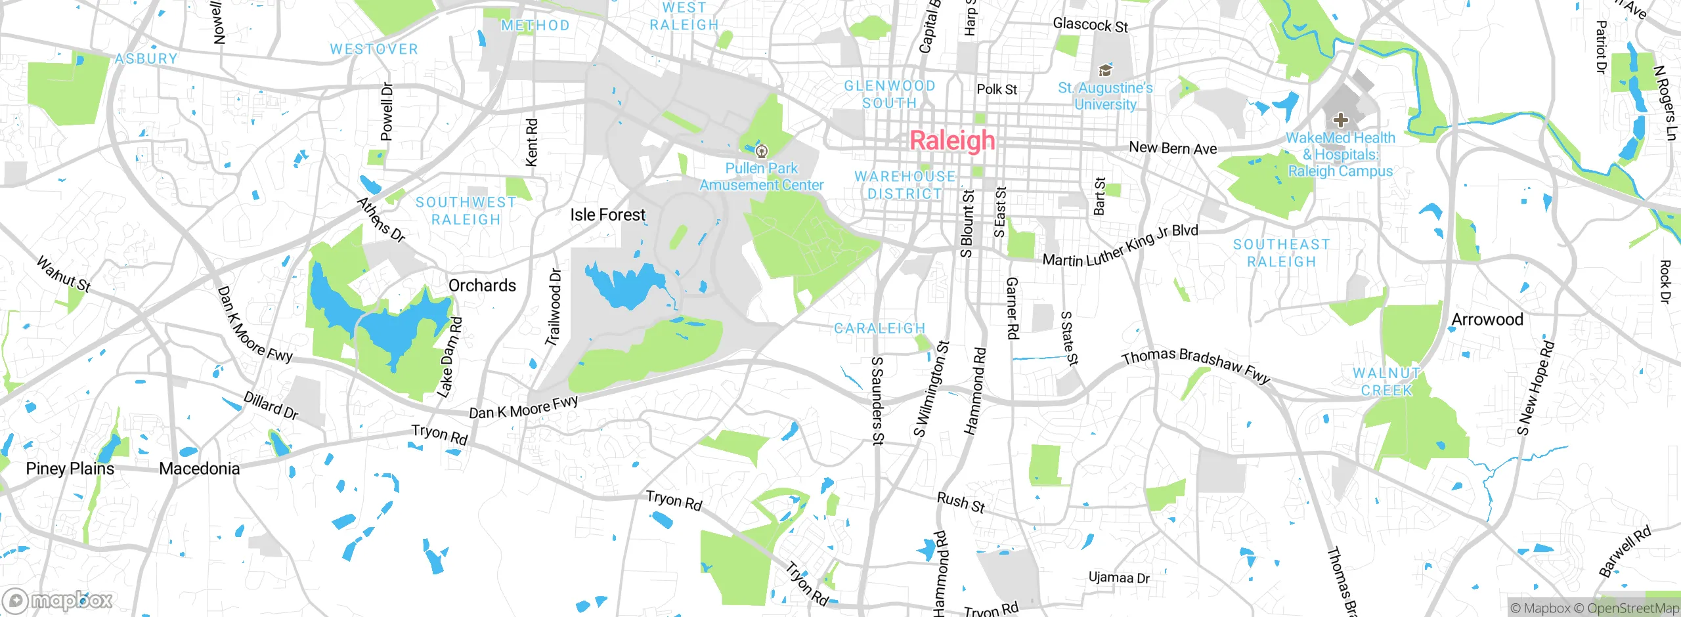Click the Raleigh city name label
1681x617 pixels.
click(x=952, y=140)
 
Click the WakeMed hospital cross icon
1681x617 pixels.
click(x=1340, y=120)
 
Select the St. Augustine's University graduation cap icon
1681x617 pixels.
click(x=1105, y=70)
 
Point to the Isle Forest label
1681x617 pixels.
click(x=607, y=215)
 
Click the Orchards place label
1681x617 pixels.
click(x=482, y=286)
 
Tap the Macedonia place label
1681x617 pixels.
click(x=199, y=469)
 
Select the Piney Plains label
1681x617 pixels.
click(x=70, y=469)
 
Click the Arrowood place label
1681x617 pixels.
click(x=1487, y=320)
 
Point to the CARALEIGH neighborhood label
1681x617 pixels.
click(x=879, y=328)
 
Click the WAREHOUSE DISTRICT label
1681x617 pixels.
click(x=905, y=185)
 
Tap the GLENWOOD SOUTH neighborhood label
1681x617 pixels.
click(x=889, y=95)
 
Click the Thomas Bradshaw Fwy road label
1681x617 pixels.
click(x=1196, y=365)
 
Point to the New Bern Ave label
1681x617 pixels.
click(x=1173, y=148)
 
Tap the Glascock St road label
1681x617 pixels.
click(x=1090, y=25)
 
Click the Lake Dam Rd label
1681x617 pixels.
click(x=450, y=358)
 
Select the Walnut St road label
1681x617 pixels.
click(x=64, y=274)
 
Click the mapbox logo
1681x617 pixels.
click(x=58, y=600)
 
